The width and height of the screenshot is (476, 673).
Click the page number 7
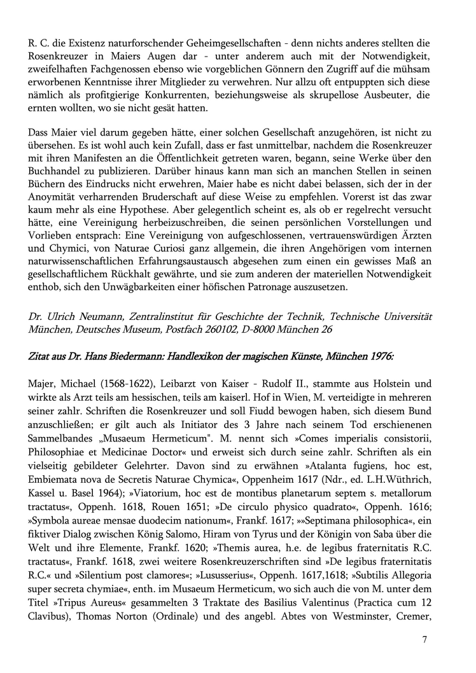pyautogui.click(x=424, y=639)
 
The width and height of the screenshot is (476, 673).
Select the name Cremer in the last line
pyautogui.click(x=415, y=619)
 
